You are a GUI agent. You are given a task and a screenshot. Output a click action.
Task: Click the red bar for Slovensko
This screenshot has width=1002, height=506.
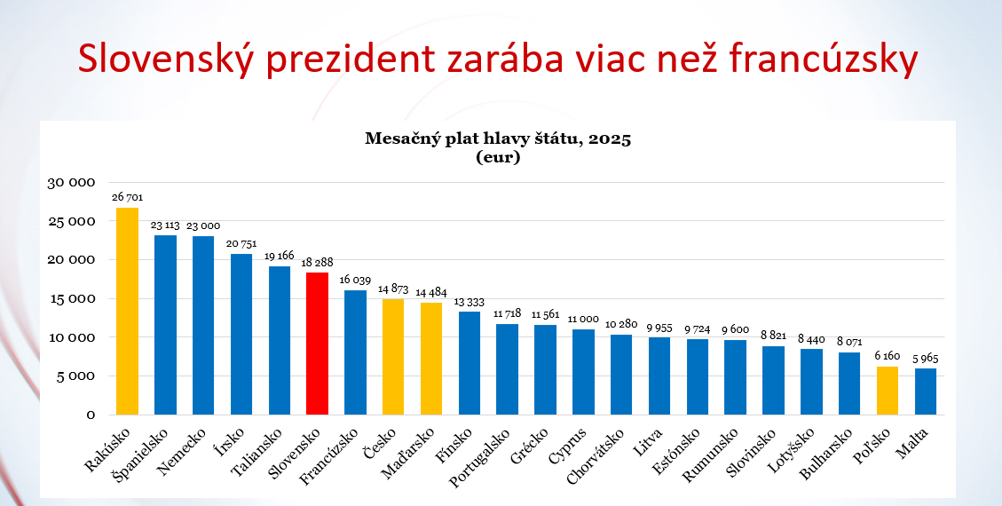[318, 343]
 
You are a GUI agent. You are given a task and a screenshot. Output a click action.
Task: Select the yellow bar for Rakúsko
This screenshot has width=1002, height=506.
[128, 311]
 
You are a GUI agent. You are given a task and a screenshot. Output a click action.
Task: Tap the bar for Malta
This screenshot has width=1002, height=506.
[926, 391]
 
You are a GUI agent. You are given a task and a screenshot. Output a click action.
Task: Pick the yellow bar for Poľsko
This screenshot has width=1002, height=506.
[888, 391]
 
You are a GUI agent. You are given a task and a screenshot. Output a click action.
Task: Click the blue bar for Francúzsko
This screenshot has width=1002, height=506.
[355, 352]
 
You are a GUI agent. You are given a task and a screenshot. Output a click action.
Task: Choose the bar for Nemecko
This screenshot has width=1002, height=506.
[203, 325]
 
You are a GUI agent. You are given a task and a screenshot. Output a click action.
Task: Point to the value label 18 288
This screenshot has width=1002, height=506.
[318, 264]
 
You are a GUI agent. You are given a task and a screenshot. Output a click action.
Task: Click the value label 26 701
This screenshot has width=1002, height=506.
[128, 197]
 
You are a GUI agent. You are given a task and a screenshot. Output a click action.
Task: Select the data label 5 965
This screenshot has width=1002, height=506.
[926, 359]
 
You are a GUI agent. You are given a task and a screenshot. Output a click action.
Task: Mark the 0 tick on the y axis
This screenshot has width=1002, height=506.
[91, 415]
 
